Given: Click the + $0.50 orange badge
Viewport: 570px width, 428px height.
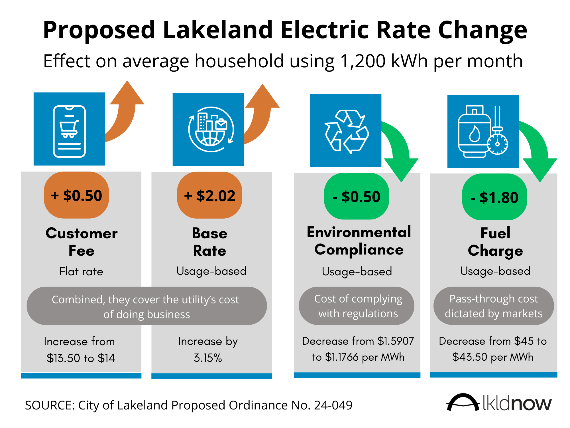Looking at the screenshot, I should [x=76, y=195].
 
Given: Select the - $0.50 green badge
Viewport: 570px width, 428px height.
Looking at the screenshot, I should [x=357, y=197].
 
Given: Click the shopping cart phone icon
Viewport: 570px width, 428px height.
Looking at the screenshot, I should [x=69, y=131].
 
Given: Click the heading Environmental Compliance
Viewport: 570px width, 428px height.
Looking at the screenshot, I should [x=359, y=241].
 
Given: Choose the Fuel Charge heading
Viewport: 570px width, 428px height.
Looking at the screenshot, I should [x=495, y=242].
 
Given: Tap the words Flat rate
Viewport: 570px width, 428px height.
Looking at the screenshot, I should [x=81, y=271].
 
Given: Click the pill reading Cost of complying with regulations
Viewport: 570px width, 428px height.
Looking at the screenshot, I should [x=357, y=306].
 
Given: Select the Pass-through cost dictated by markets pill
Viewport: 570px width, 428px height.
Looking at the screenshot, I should [x=494, y=306].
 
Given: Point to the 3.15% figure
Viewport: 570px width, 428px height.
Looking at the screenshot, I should [x=208, y=358].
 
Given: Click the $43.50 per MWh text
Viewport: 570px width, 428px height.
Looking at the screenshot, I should [x=493, y=357].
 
